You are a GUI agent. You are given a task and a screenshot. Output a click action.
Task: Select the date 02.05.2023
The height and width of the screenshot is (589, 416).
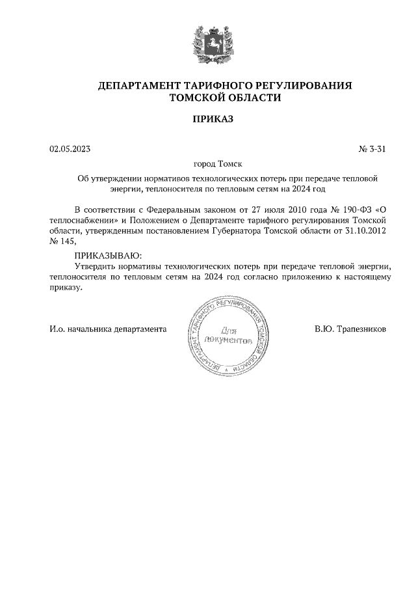coord(70,149)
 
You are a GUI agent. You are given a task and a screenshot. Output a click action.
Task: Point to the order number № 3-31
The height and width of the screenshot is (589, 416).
coord(372,149)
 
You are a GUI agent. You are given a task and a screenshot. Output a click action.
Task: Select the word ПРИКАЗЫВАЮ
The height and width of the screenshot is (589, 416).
coord(107,256)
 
